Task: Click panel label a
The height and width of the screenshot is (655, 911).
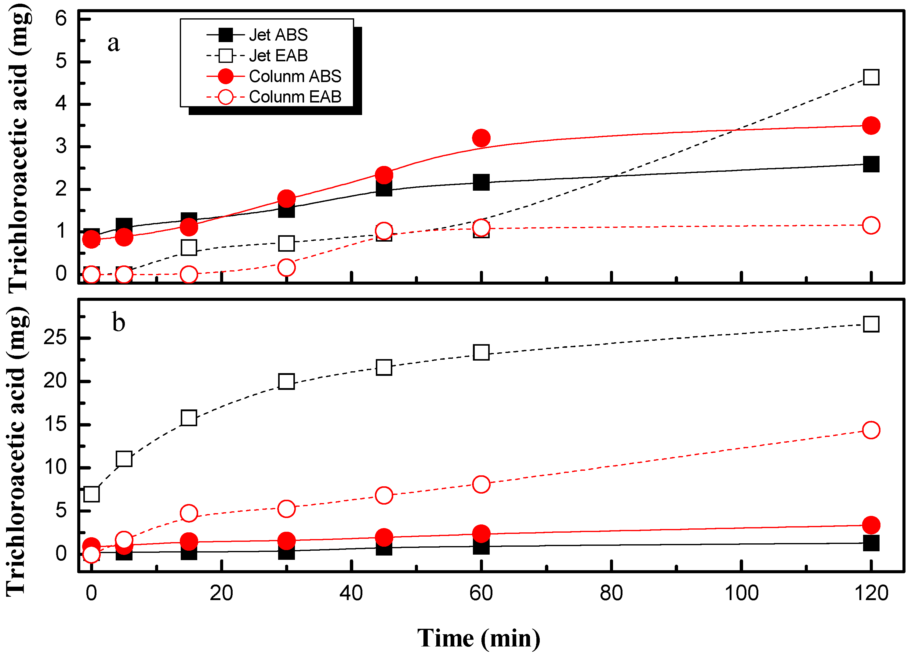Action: (114, 43)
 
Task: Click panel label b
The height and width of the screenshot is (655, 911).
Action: (118, 322)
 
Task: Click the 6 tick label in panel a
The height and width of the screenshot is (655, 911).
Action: (61, 19)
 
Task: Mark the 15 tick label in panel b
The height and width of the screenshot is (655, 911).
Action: (55, 424)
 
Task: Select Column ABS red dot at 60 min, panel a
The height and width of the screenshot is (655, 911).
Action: (481, 138)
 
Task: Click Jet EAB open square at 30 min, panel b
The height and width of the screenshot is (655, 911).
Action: (286, 381)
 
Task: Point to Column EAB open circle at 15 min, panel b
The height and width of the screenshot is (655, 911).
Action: (189, 513)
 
